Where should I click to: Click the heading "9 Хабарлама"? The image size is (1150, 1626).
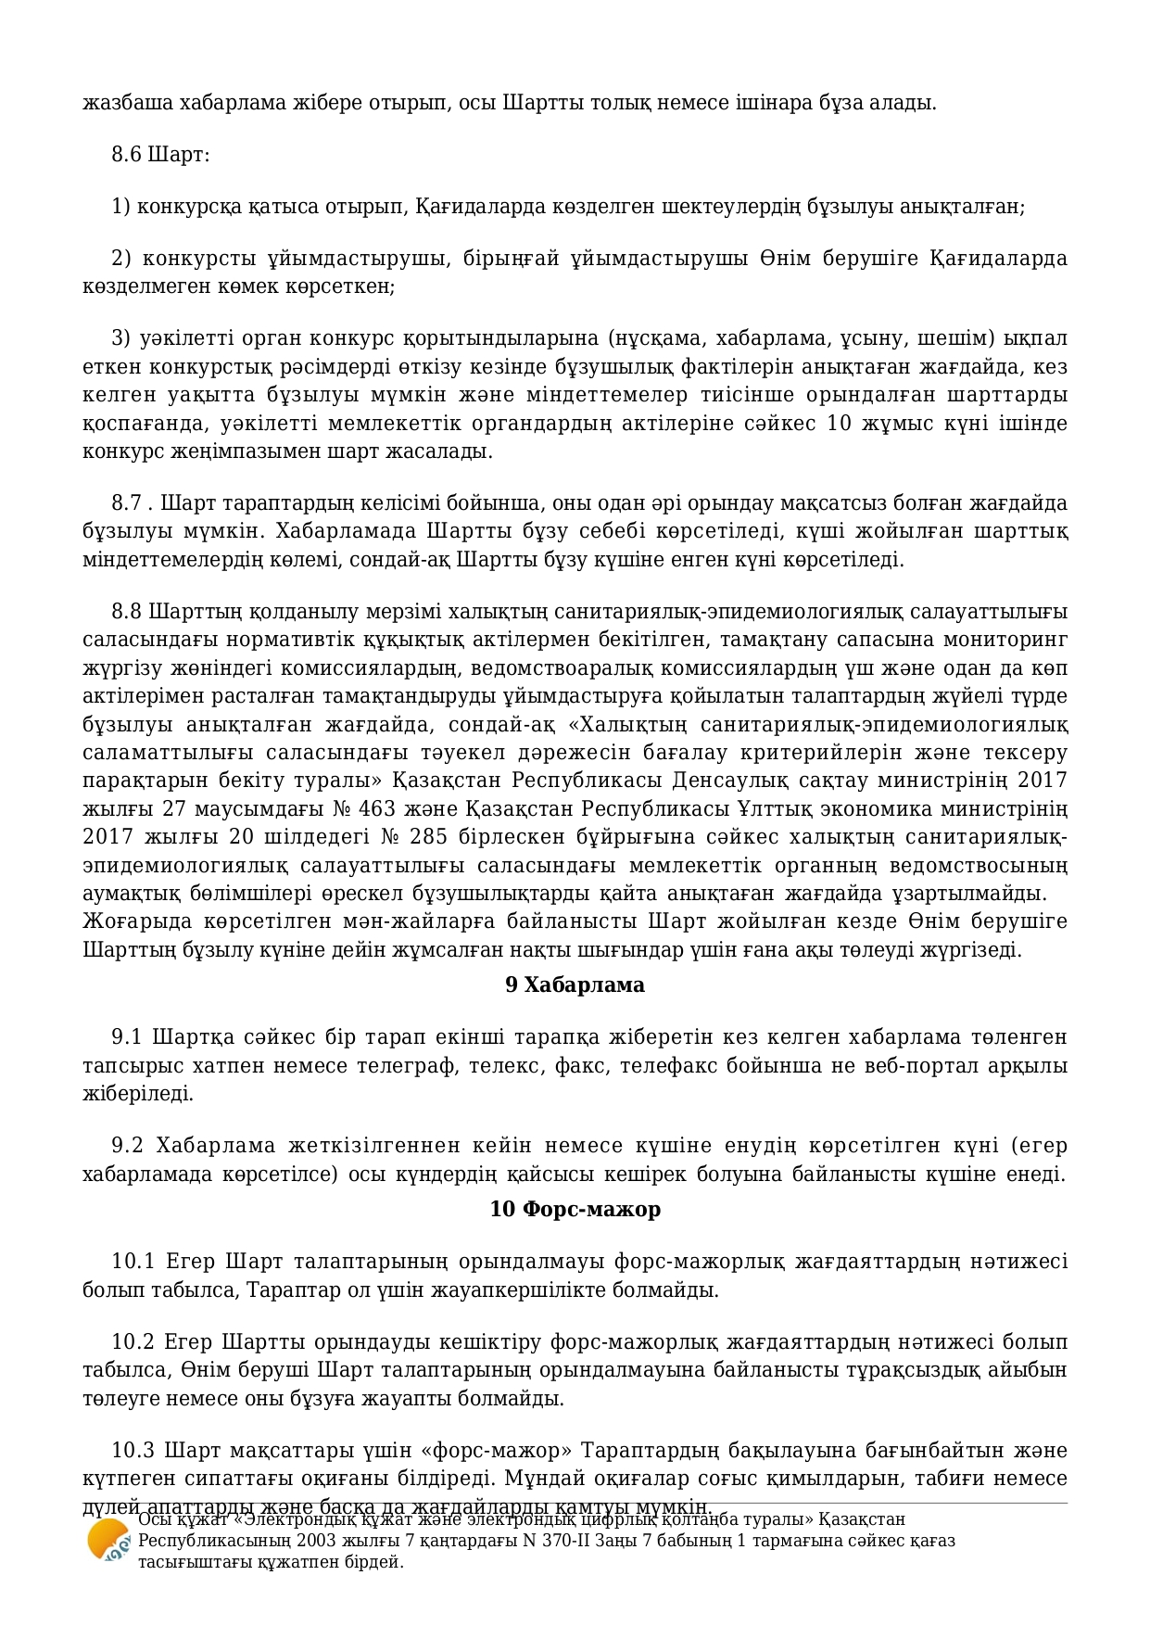pos(575,984)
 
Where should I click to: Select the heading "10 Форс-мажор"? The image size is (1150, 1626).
pos(575,1209)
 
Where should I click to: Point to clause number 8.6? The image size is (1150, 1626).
pos(126,154)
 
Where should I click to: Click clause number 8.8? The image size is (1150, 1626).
pos(126,612)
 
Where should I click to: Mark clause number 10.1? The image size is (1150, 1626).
pos(133,1261)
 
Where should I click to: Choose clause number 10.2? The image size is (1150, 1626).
pos(133,1341)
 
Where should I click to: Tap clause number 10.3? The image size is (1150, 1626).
pos(133,1450)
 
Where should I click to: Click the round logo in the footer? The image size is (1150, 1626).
pos(107,1541)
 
